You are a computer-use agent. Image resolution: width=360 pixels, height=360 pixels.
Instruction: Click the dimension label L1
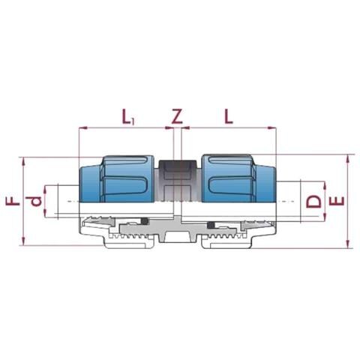(x=128, y=117)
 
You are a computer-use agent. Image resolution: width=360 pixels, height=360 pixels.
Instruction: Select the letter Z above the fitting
(x=177, y=116)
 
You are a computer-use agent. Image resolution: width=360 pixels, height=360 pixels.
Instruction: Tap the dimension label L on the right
(x=229, y=116)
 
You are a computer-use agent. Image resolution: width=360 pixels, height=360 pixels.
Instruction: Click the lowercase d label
(x=35, y=202)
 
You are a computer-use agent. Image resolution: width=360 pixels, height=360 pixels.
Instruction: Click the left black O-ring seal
(x=145, y=220)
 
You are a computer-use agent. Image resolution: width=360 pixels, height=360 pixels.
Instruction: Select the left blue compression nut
(x=116, y=178)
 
